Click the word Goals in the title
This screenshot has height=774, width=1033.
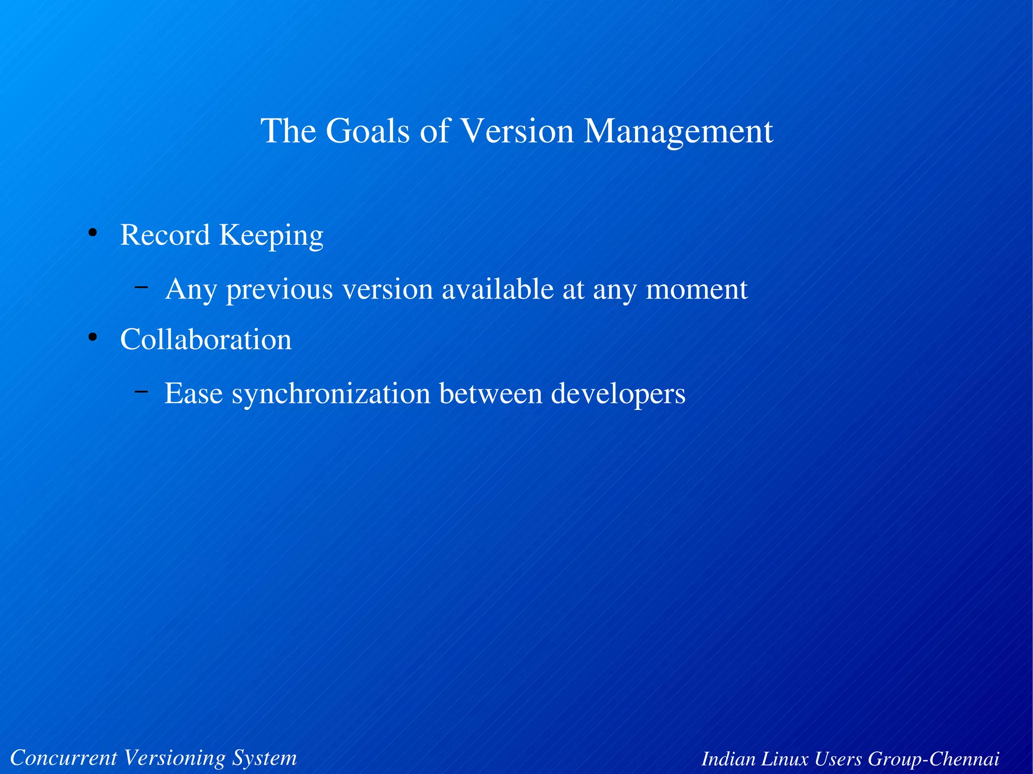[x=367, y=131]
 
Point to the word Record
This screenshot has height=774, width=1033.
[x=165, y=235]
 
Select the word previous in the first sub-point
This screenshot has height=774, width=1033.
[x=279, y=290]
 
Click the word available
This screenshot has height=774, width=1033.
[x=497, y=289]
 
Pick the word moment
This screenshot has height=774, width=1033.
[x=697, y=289]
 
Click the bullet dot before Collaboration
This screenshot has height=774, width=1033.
[x=92, y=337]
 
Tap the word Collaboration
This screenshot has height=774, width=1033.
[x=206, y=339]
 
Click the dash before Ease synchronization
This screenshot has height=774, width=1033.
[x=141, y=391]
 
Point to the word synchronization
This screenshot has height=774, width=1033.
[x=331, y=394]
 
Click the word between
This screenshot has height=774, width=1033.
[x=491, y=393]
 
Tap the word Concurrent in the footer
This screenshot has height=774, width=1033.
[x=64, y=758]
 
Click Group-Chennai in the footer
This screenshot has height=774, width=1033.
[x=933, y=759]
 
